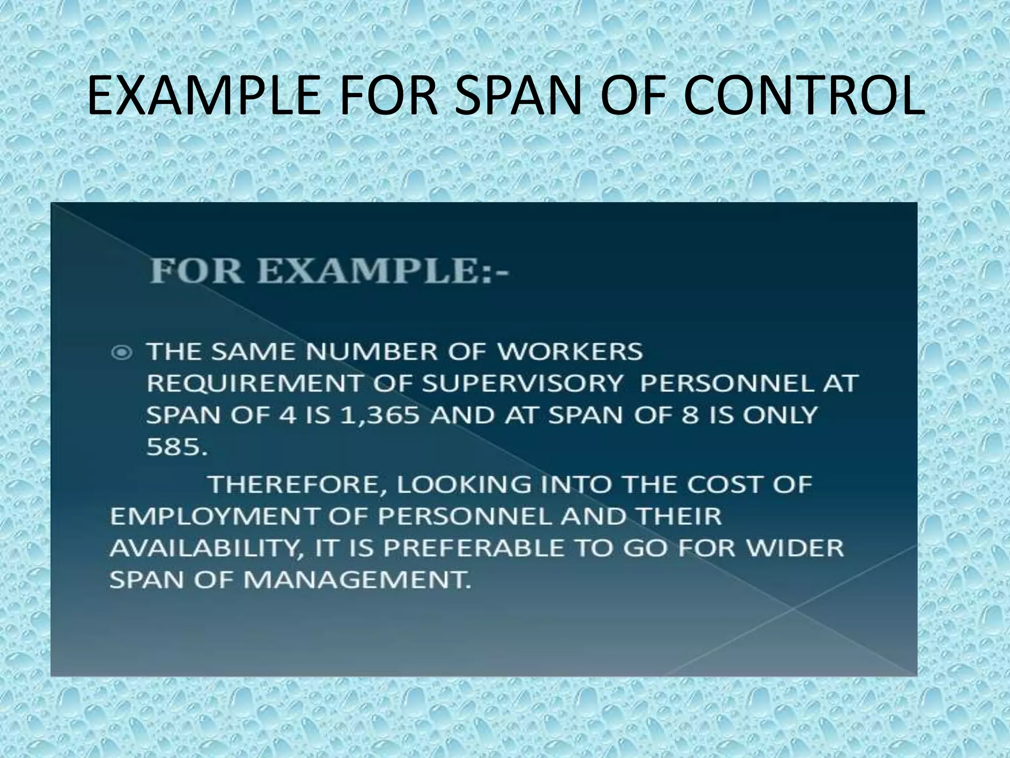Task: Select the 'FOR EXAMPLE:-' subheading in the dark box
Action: (x=329, y=272)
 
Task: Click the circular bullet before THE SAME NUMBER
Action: (x=122, y=352)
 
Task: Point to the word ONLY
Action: (x=780, y=416)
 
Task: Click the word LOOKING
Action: (x=463, y=485)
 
